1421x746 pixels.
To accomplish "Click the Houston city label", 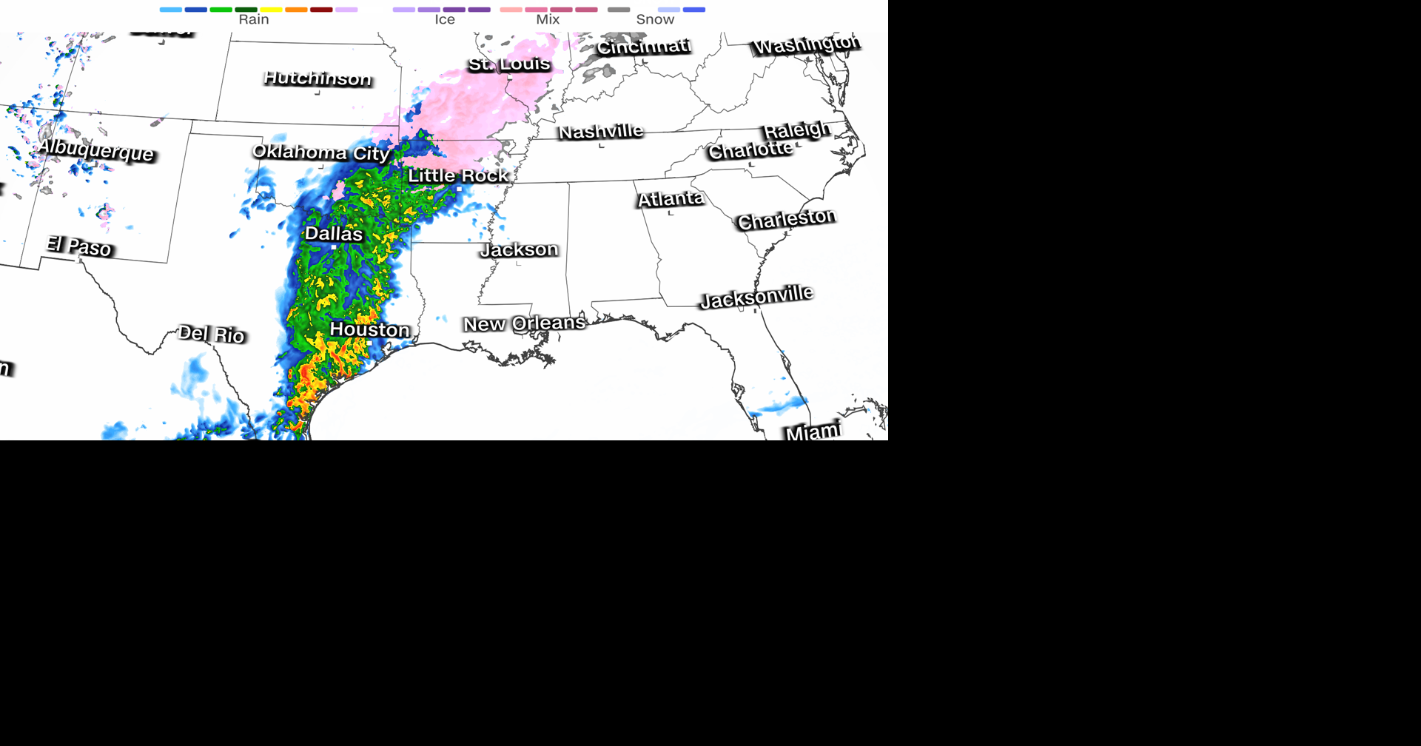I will pos(369,329).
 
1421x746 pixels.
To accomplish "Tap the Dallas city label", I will pos(334,234).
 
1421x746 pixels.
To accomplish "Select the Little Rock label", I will pos(458,175).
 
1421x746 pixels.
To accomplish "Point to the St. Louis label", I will pos(509,64).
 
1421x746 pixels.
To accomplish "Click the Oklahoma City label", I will pos(320,152).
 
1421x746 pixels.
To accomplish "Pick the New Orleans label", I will pos(524,323).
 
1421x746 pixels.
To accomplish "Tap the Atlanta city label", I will pos(671,199).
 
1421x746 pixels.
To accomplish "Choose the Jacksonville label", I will pos(756,297).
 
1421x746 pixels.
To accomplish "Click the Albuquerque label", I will pos(96,149).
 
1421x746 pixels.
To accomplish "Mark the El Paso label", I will pos(79,246).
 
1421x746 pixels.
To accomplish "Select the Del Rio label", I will pos(212,334).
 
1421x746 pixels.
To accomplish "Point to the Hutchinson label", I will pos(318,78).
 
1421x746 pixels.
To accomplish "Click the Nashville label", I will pos(600,132).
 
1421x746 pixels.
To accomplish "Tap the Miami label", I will pos(813,431).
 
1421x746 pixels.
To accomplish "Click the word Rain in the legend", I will pos(254,20).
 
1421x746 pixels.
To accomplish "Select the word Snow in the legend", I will pos(655,20).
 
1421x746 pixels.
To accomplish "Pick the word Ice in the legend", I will pos(444,20).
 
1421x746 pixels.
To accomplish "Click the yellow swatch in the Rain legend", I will pos(271,10).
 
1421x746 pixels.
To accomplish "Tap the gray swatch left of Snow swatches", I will pos(619,10).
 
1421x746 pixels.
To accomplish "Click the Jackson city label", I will pos(519,249).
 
